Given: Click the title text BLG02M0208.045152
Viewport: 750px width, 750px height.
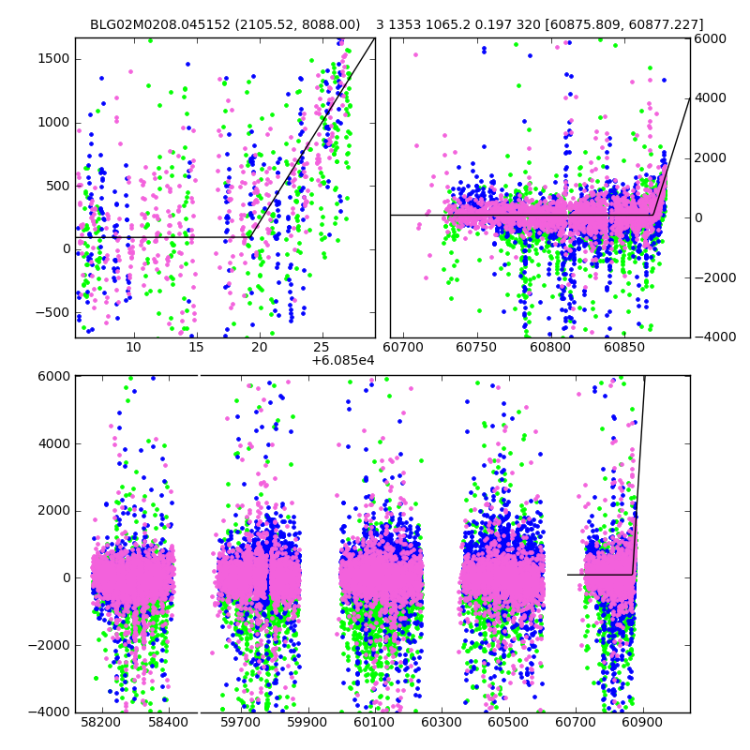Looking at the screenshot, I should [x=158, y=24].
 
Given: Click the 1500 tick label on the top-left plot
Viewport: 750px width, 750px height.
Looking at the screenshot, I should [x=52, y=58].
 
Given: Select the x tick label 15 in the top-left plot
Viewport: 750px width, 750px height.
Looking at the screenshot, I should [x=195, y=349].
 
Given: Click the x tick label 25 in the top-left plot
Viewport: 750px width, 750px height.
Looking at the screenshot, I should [x=322, y=349].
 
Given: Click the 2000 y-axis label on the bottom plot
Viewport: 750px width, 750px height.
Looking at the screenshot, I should [x=52, y=510].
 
